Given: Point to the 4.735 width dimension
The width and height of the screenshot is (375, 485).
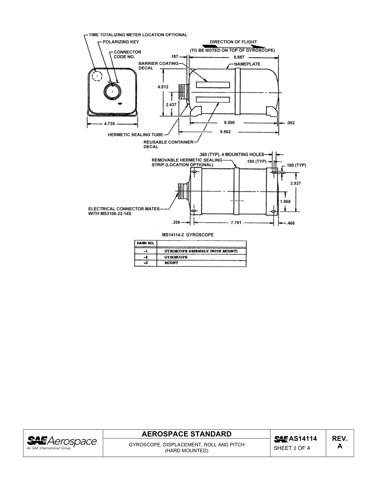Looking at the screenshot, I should pyautogui.click(x=109, y=123).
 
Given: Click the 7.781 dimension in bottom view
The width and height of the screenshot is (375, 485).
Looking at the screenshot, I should pyautogui.click(x=237, y=223).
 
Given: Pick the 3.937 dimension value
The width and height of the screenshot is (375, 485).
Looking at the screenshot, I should pyautogui.click(x=295, y=183).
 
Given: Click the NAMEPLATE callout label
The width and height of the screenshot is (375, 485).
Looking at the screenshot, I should pyautogui.click(x=247, y=64).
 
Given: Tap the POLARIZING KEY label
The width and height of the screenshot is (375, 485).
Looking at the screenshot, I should pyautogui.click(x=121, y=42).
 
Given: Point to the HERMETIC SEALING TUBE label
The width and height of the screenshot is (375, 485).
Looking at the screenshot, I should pyautogui.click(x=135, y=135).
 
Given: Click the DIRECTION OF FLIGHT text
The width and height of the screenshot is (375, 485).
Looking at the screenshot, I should pyautogui.click(x=233, y=42).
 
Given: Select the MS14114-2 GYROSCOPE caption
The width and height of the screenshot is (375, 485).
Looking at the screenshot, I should pyautogui.click(x=188, y=235).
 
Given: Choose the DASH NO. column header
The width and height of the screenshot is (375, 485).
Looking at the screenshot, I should pyautogui.click(x=145, y=243).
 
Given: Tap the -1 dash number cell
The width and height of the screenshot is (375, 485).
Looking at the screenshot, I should pyautogui.click(x=145, y=251).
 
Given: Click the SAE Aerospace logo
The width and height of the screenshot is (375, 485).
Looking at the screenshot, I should pyautogui.click(x=62, y=442).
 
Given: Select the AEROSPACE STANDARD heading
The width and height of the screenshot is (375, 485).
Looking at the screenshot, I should pyautogui.click(x=187, y=434).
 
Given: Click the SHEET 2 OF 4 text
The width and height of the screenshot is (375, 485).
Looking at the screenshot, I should pyautogui.click(x=292, y=448).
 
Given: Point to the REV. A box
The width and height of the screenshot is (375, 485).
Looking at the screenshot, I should pyautogui.click(x=339, y=443).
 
